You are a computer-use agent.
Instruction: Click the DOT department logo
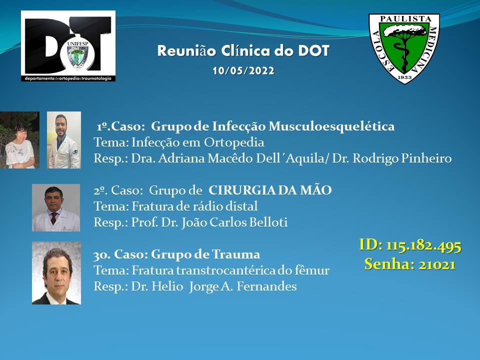68,46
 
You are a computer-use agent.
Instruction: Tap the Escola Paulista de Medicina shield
404,48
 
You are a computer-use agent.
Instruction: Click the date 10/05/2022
243,70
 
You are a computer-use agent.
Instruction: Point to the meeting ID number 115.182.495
423,245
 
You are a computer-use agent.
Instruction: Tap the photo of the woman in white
19,140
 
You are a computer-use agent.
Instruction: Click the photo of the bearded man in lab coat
64,140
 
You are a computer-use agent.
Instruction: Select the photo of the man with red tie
56,207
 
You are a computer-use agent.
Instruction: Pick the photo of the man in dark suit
56,273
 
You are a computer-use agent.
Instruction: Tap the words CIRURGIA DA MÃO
270,190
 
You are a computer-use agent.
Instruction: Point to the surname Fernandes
266,286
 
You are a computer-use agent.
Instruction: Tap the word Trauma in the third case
236,254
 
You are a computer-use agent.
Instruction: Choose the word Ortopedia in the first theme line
234,142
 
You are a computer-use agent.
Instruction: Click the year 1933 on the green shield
404,77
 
